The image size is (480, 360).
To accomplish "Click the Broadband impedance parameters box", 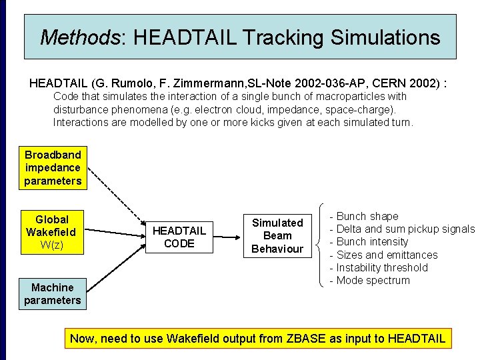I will (x=53, y=168).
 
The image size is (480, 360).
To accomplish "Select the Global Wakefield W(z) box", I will (x=51, y=232).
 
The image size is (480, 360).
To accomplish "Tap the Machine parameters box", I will (x=52, y=294).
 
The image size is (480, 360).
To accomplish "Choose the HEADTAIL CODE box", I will (x=179, y=237).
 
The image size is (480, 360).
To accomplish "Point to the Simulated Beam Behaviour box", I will (x=277, y=235).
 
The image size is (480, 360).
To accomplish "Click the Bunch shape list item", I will (x=367, y=217).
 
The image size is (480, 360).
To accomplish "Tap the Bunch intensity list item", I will (x=371, y=242).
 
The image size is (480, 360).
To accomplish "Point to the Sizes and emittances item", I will (x=387, y=255).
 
